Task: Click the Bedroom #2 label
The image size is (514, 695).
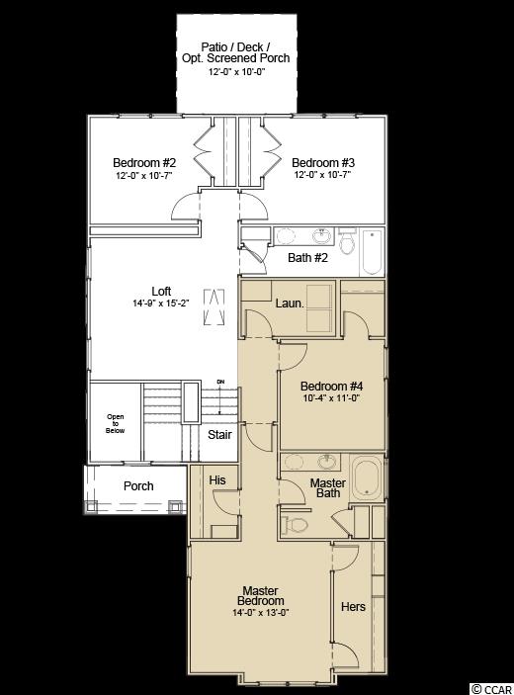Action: click(x=144, y=163)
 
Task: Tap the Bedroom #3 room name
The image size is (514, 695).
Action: click(x=323, y=163)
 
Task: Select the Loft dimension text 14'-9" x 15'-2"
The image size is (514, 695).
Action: click(x=161, y=304)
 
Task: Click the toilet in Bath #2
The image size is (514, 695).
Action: click(x=347, y=242)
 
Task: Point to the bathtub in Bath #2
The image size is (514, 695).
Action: click(x=372, y=252)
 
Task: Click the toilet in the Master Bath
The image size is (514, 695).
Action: click(x=297, y=524)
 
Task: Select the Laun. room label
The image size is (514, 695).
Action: click(x=290, y=304)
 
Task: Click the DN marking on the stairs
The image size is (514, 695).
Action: click(x=220, y=382)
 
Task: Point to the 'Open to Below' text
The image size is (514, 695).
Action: click(x=116, y=423)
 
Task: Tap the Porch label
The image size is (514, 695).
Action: click(x=138, y=486)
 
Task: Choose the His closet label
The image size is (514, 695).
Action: click(x=217, y=480)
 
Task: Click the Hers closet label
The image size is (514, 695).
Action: click(x=353, y=606)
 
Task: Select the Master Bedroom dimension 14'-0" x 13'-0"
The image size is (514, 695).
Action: click(x=261, y=613)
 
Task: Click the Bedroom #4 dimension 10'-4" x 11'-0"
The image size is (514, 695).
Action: click(x=331, y=398)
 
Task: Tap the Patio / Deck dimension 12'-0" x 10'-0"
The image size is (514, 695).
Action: click(x=236, y=72)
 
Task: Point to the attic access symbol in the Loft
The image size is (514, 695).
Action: click(x=214, y=307)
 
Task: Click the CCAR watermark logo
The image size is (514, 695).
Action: click(x=492, y=688)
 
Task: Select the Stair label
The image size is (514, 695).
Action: click(x=219, y=434)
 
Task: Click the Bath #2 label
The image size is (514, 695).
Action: click(x=307, y=257)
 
